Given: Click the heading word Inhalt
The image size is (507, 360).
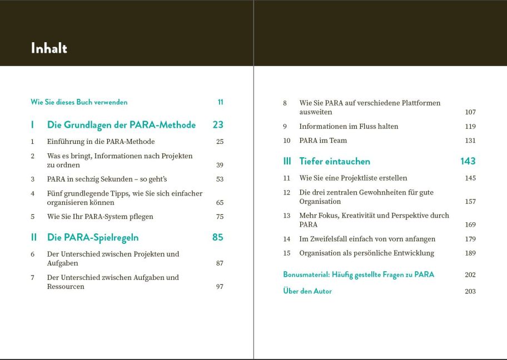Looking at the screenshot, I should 49,48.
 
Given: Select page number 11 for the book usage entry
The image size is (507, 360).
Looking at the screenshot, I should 220,102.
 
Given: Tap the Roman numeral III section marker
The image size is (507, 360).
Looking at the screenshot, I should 287,161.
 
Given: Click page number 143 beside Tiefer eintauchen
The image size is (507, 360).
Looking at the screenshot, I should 468,161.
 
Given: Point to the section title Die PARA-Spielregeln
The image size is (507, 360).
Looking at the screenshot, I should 93,237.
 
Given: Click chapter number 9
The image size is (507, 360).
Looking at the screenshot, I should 285,127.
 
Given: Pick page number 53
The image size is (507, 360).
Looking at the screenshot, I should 220,179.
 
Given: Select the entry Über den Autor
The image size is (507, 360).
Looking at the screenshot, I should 307,291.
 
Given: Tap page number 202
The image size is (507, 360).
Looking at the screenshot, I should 470,275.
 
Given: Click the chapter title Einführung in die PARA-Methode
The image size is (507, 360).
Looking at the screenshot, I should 101,142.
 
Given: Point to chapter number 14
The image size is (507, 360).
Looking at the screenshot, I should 287,239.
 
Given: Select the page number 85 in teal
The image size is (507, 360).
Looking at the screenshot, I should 217,237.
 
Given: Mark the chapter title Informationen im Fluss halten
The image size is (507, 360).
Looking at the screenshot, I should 349,127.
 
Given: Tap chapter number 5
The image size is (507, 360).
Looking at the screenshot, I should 33,217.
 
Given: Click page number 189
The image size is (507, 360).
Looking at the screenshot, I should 470,253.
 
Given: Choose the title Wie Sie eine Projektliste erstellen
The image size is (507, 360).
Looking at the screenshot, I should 353,178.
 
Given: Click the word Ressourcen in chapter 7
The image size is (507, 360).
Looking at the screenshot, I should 66,287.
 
